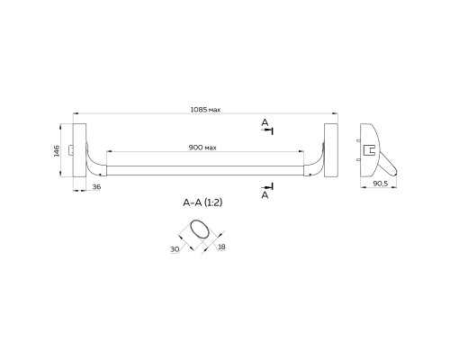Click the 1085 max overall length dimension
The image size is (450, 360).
coord(205,110)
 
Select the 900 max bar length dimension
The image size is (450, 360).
coord(202,148)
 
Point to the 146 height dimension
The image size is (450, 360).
coord(57,150)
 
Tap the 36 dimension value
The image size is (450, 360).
coord(96,186)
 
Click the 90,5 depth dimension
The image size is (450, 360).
coord(381,184)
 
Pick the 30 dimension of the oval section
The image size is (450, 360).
coord(175,249)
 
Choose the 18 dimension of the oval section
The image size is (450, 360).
coord(221,247)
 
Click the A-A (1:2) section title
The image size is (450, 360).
coord(202,202)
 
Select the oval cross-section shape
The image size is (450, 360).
coord(200,230)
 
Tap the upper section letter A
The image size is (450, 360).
coord(265,122)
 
